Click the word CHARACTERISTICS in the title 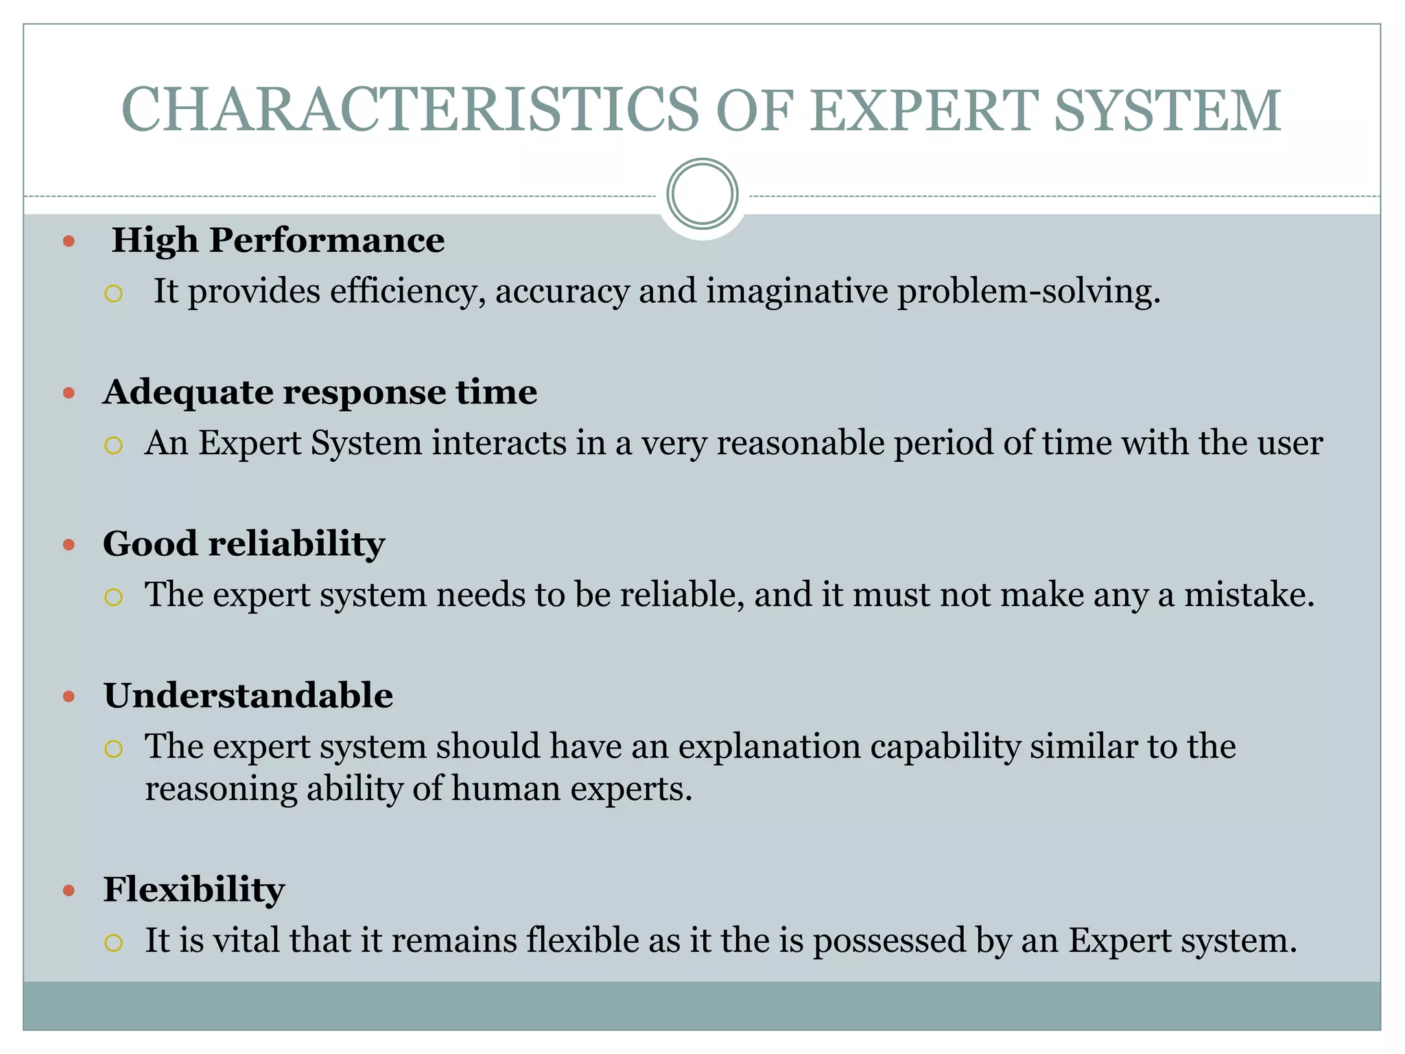point(410,110)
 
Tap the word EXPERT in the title point(923,110)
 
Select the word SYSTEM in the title point(1166,110)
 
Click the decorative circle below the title point(702,194)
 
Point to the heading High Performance point(278,240)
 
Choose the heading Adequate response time point(320,393)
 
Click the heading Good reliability point(244,544)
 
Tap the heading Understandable point(248,696)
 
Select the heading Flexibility point(193,889)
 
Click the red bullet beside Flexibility point(69,891)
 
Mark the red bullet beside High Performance point(69,242)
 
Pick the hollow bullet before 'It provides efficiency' point(113,294)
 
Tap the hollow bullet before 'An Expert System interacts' point(113,446)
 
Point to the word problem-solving point(1028,292)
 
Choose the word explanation point(769,747)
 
